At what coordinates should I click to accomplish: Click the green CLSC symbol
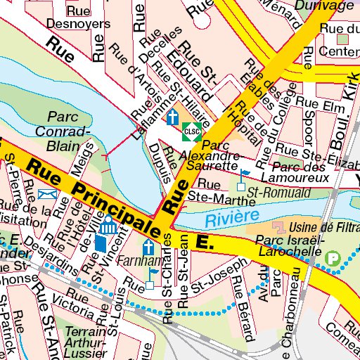pos(189,131)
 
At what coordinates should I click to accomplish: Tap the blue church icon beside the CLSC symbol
pos(173,117)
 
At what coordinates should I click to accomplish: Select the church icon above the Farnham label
pos(148,248)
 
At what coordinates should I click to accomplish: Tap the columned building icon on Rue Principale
pos(109,229)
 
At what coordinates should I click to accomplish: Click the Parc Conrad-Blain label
pos(69,131)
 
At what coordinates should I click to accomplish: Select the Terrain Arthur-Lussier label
pos(85,342)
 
